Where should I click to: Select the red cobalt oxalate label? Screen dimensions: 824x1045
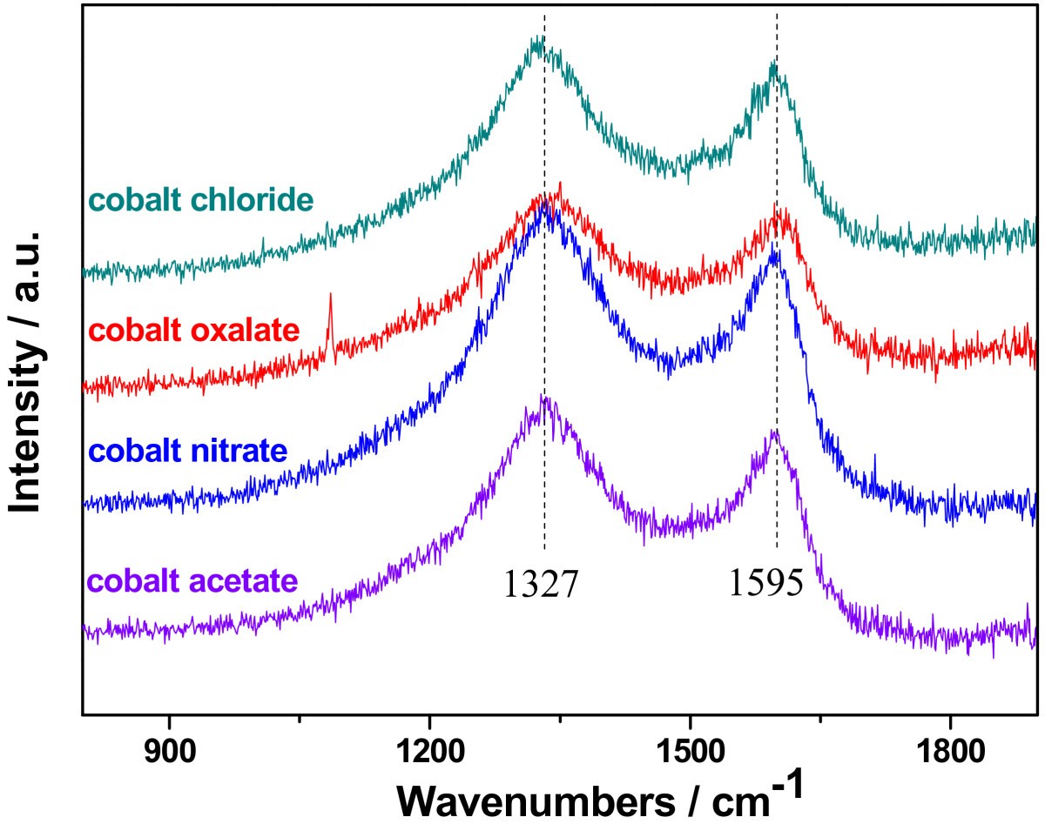(x=195, y=331)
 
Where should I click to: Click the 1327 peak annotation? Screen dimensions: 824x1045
(x=540, y=585)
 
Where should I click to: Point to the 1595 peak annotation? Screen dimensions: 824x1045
(x=766, y=585)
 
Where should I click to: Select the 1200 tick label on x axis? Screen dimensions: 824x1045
(x=429, y=747)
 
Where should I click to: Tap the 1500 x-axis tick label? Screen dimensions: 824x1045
(x=689, y=747)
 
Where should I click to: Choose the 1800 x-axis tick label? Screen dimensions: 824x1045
(x=948, y=747)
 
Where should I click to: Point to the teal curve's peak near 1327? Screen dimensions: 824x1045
(x=537, y=41)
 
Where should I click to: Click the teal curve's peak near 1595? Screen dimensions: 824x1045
(x=773, y=64)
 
